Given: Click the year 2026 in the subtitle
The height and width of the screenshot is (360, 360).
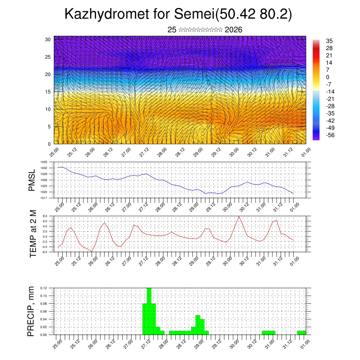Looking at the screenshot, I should [x=233, y=30].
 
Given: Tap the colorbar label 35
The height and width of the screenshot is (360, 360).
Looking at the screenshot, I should [x=330, y=41].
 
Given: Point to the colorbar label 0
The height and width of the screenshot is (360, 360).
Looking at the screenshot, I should [x=328, y=77].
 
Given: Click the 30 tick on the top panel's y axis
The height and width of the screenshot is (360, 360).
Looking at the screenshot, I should [x=48, y=39].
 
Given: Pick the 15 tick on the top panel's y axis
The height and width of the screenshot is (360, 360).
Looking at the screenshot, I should [x=48, y=92].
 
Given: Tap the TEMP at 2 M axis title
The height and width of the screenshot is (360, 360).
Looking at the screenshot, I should [x=33, y=234].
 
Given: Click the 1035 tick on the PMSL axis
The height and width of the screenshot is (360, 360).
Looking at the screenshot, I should [x=44, y=162].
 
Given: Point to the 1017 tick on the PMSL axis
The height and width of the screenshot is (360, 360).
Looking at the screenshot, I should [x=44, y=198].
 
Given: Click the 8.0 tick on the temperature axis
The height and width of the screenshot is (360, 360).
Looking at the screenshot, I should [x=45, y=216].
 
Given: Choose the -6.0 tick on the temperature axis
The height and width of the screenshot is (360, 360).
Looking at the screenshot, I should [x=45, y=252].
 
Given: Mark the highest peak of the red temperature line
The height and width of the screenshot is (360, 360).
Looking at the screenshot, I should [x=239, y=216].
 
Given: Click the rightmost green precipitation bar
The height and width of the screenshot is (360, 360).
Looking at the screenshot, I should [x=301, y=333].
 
